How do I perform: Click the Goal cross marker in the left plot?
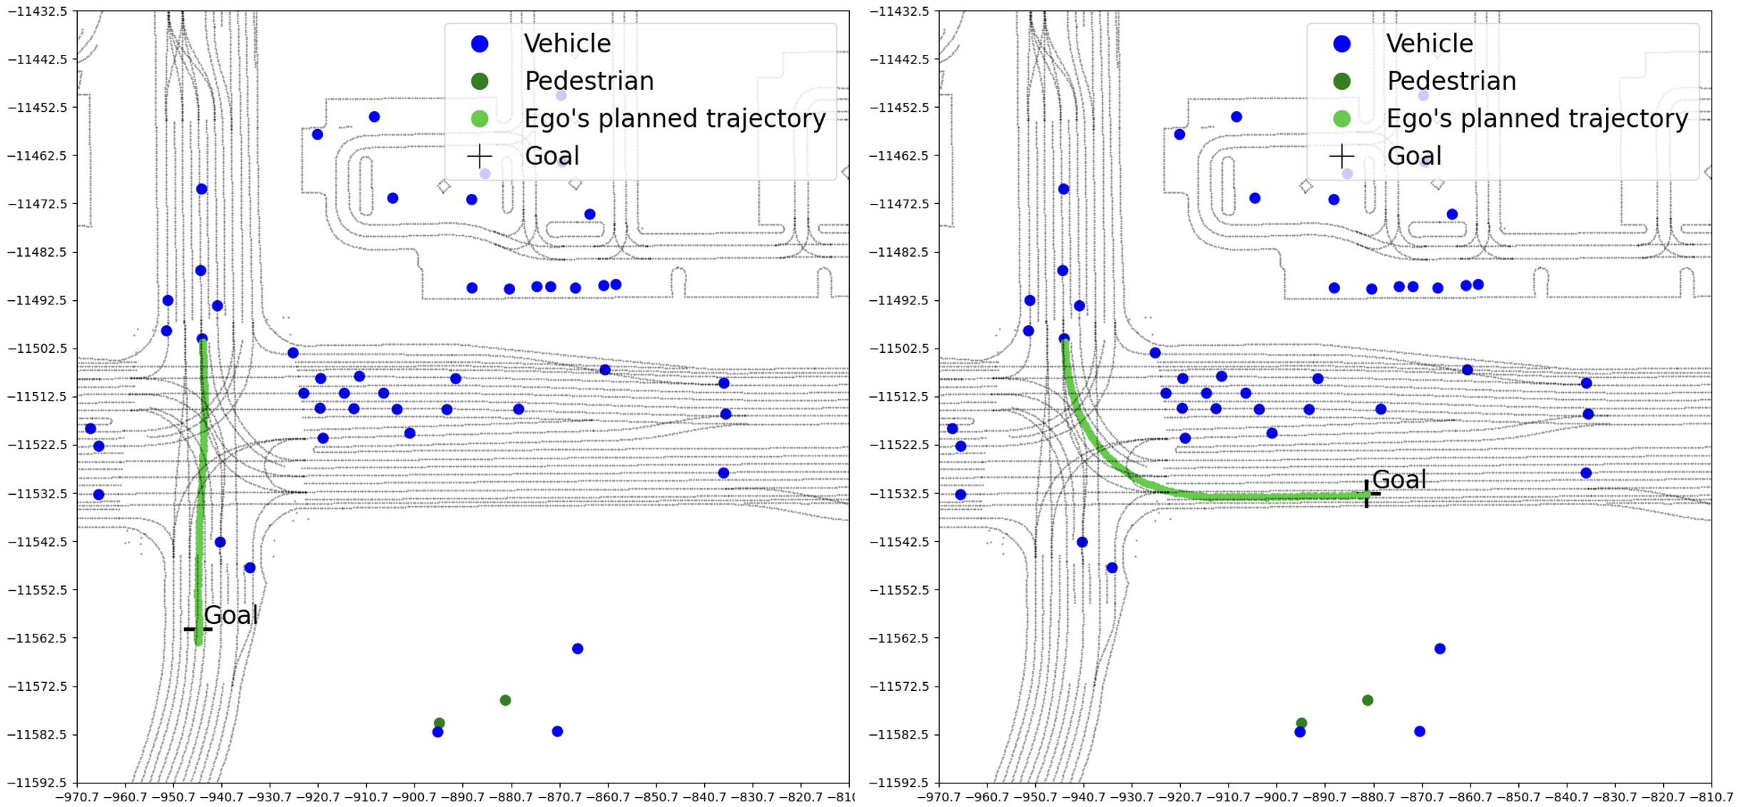(x=198, y=629)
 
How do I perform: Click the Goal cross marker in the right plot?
(x=1366, y=494)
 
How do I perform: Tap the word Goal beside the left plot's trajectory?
(x=230, y=615)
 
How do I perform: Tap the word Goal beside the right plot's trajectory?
(x=1398, y=480)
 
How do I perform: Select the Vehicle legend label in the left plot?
(x=567, y=43)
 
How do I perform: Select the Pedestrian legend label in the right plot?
(x=1451, y=81)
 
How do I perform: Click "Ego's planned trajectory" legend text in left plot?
(x=675, y=118)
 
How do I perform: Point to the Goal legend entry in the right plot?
(x=1413, y=155)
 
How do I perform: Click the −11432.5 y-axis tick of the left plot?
(x=38, y=11)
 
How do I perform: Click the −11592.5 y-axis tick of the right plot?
(x=900, y=783)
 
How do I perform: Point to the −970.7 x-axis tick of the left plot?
(x=77, y=796)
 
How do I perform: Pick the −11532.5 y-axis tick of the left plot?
(x=38, y=493)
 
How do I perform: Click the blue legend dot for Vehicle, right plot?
(x=1342, y=43)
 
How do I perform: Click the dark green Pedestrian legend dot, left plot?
(x=479, y=81)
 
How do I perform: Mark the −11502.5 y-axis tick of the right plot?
(x=900, y=349)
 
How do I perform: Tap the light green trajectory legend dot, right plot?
(x=1342, y=118)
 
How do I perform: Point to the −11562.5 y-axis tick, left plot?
(x=38, y=638)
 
